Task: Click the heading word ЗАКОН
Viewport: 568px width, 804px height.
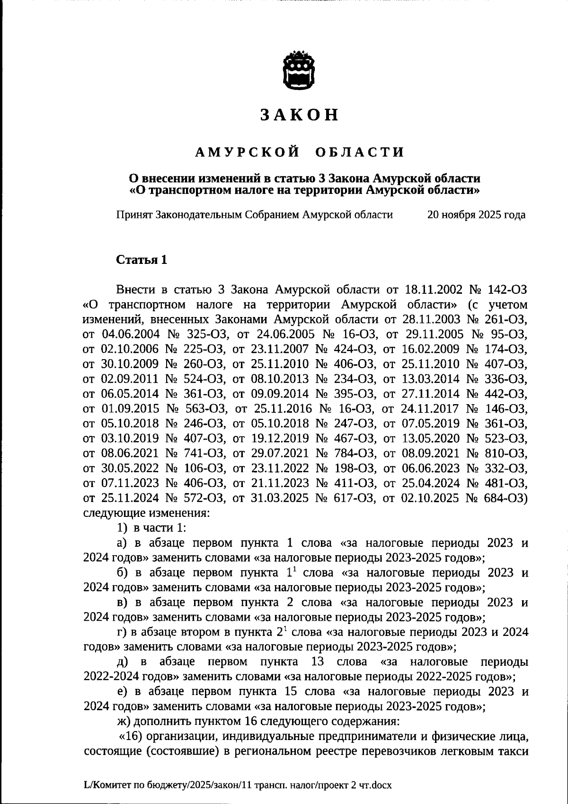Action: click(x=299, y=115)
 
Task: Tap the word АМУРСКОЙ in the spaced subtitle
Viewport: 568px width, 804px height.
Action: click(x=248, y=152)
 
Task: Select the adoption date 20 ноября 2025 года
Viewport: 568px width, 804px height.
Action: click(x=476, y=215)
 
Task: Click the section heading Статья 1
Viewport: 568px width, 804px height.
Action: click(x=142, y=260)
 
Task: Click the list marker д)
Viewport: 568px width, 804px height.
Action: click(x=124, y=662)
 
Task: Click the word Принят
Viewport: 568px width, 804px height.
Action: click(x=133, y=215)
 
